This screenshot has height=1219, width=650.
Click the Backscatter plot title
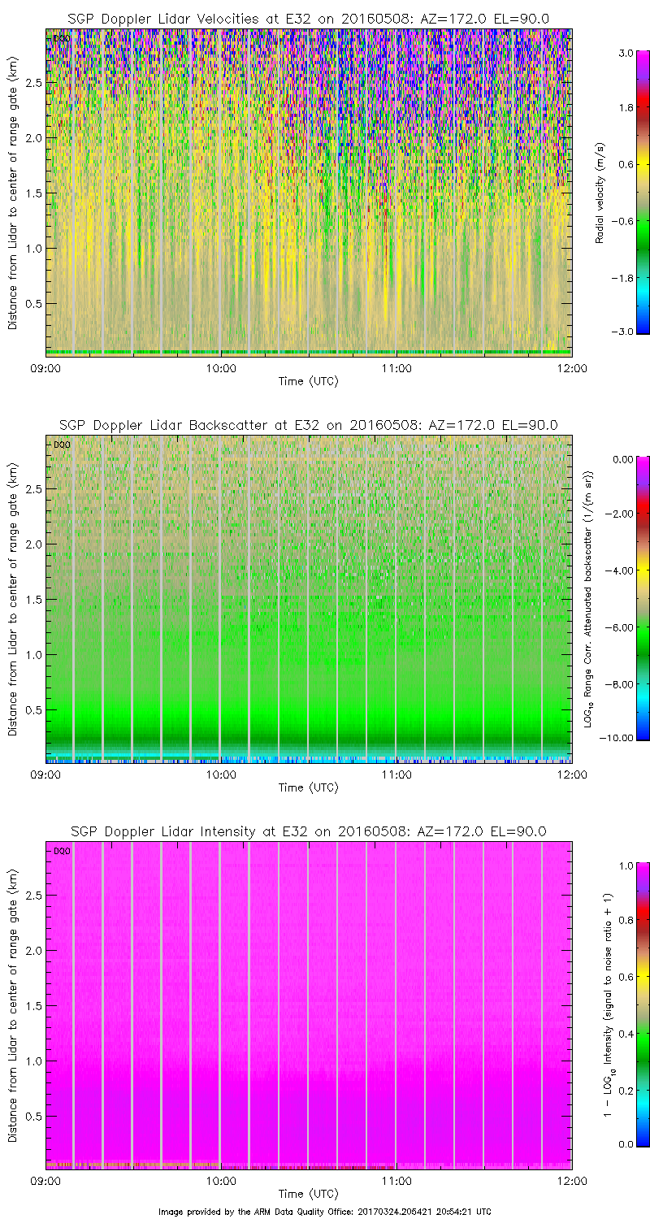pyautogui.click(x=308, y=425)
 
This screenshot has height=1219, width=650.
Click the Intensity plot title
pyautogui.click(x=308, y=831)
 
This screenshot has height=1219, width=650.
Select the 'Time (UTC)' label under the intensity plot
pyautogui.click(x=308, y=1194)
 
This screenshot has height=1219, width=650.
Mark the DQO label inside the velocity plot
pyautogui.click(x=60, y=38)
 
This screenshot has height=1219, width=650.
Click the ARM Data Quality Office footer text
pyautogui.click(x=325, y=1212)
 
